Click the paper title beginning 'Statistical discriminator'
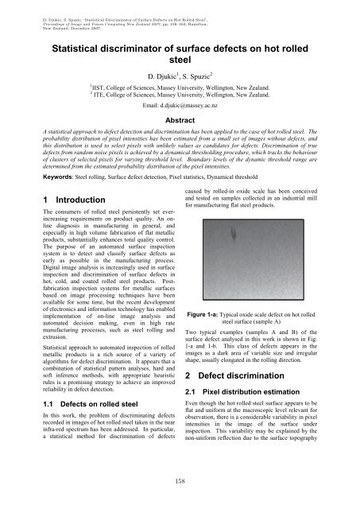pos(180,55)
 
